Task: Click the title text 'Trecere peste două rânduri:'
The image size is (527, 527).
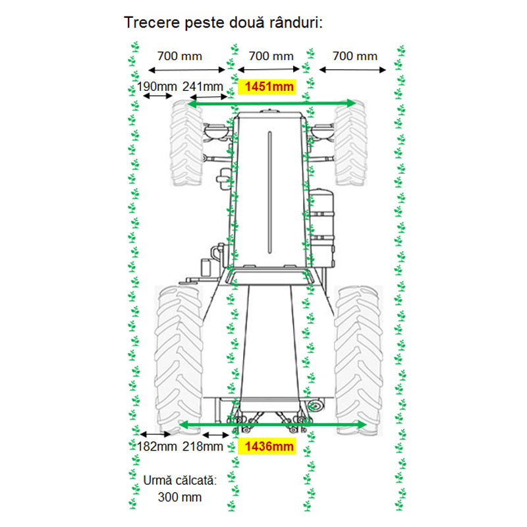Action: (x=223, y=23)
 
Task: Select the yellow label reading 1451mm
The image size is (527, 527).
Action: (x=269, y=86)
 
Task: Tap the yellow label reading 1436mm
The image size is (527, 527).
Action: (x=269, y=447)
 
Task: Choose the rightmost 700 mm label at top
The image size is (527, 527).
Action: (x=356, y=56)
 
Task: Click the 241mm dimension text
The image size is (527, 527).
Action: (x=202, y=86)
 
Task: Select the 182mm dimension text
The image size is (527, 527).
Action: (x=157, y=447)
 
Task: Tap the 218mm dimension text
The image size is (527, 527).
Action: (x=202, y=447)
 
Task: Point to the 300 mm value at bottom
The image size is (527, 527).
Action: (x=179, y=497)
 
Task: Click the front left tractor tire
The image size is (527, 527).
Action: (x=186, y=144)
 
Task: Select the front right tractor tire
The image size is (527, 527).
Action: (x=350, y=144)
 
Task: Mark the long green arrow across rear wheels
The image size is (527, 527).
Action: (x=272, y=425)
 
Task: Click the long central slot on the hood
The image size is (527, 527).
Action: (x=269, y=191)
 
